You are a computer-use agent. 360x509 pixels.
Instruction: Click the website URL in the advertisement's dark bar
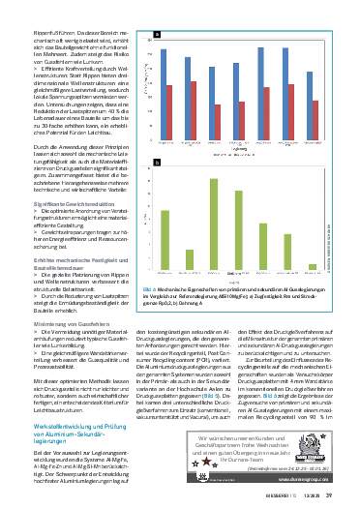[x=320, y=477]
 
